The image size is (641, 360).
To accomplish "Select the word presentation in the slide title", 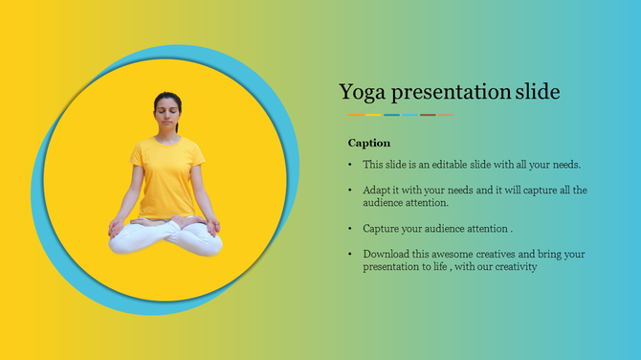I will point(450,92).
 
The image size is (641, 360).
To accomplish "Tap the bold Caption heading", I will point(369,143).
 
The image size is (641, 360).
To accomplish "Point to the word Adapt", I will point(378,190).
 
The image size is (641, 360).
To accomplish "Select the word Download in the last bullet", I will point(387,254).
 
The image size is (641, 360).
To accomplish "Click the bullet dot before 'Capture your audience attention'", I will point(350,229).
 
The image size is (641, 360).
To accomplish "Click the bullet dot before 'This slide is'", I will point(350,165).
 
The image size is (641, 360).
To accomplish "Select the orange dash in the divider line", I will point(355,115).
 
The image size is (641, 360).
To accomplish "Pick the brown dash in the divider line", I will point(428,115).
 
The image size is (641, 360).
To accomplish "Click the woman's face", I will point(167,117).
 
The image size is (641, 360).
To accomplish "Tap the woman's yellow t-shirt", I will point(167,177).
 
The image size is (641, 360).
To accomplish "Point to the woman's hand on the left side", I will point(116,228).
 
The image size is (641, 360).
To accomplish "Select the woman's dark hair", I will point(167,98).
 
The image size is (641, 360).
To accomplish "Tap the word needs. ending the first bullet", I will point(565,165).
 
